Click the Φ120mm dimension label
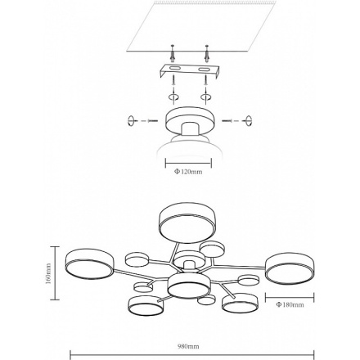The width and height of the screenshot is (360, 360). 188,172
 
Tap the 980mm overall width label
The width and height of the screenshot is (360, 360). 188,346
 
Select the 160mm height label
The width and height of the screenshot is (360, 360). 48,273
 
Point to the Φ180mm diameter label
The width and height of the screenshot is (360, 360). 290,304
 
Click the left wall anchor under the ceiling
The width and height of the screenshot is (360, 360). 172,54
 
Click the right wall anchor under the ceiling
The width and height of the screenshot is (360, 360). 207,54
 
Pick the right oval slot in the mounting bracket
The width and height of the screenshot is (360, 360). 203,70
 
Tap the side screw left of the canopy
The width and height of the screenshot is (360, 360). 153,120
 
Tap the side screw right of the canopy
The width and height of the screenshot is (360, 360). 227,120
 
